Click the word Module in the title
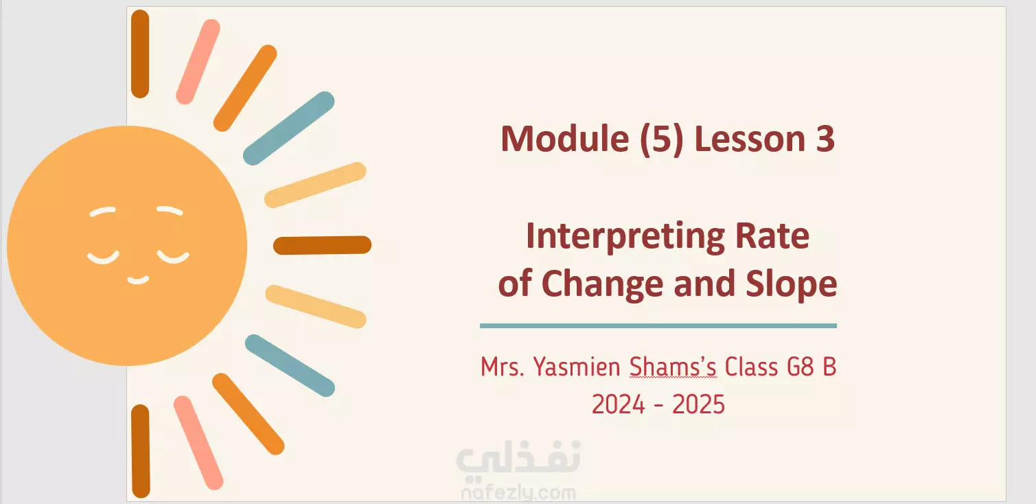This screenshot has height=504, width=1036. click(x=565, y=139)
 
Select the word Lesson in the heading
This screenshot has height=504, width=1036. click(x=750, y=139)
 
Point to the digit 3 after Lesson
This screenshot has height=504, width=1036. click(x=825, y=139)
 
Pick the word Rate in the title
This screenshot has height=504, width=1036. click(x=772, y=236)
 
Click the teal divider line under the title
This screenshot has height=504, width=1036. click(x=658, y=326)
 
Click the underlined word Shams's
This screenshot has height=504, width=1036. click(x=673, y=367)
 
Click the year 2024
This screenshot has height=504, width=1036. click(x=619, y=404)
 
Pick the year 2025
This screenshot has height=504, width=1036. click(x=698, y=404)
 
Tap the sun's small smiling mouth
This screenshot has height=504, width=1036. click(x=138, y=280)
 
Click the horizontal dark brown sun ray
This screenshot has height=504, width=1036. click(x=323, y=245)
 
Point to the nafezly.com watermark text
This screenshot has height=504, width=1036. click(x=518, y=494)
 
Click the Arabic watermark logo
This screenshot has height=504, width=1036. click(x=518, y=458)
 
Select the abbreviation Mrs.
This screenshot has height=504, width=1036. click(x=503, y=367)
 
